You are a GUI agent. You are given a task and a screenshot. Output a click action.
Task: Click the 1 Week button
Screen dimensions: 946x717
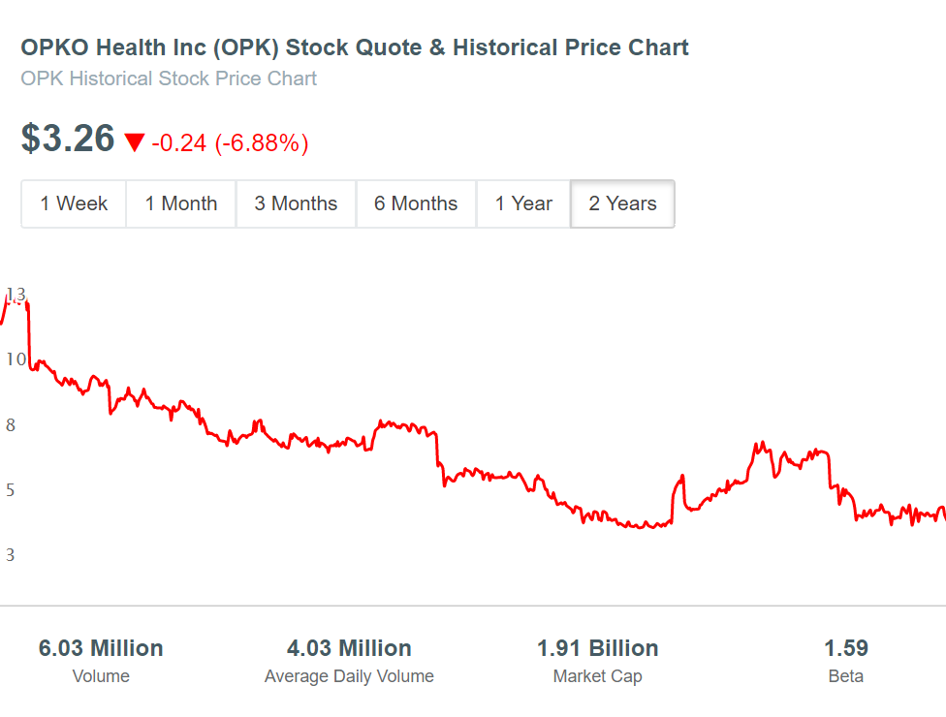click(74, 203)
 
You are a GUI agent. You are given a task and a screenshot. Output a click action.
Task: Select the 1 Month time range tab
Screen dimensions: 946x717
click(181, 203)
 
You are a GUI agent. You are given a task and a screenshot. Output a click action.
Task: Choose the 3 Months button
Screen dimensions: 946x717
click(296, 203)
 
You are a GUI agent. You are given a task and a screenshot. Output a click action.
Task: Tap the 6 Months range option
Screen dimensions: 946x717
click(416, 203)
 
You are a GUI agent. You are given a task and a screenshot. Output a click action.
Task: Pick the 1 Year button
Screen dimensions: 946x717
click(523, 203)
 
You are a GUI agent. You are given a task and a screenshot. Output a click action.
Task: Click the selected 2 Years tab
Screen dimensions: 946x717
click(622, 203)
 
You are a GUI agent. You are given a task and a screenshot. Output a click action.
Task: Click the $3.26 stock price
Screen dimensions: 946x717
click(68, 139)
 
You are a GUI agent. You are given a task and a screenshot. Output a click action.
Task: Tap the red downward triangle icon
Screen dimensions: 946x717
click(135, 142)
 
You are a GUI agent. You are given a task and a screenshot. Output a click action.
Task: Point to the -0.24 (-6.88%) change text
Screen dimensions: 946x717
click(230, 143)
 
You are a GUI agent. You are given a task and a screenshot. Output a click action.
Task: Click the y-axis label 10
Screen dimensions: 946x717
click(16, 359)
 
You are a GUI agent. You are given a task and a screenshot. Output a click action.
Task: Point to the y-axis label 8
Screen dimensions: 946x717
click(11, 425)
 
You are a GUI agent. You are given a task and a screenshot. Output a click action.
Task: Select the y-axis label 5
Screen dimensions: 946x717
click(11, 489)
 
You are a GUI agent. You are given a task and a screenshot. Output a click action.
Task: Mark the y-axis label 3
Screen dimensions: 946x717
click(11, 555)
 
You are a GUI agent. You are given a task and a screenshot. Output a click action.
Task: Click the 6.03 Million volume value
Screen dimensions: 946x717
click(101, 648)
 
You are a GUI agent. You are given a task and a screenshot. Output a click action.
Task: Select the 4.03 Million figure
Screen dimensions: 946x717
click(349, 648)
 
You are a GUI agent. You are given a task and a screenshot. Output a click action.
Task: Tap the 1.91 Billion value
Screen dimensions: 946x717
click(598, 648)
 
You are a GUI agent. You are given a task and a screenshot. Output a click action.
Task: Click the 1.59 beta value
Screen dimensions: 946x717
click(846, 648)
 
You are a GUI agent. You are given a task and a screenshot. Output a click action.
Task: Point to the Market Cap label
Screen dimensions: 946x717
click(598, 676)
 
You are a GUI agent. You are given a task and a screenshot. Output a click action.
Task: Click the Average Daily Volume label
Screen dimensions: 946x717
click(349, 676)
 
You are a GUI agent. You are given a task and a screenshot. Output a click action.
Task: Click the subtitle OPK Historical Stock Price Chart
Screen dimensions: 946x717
click(169, 78)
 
